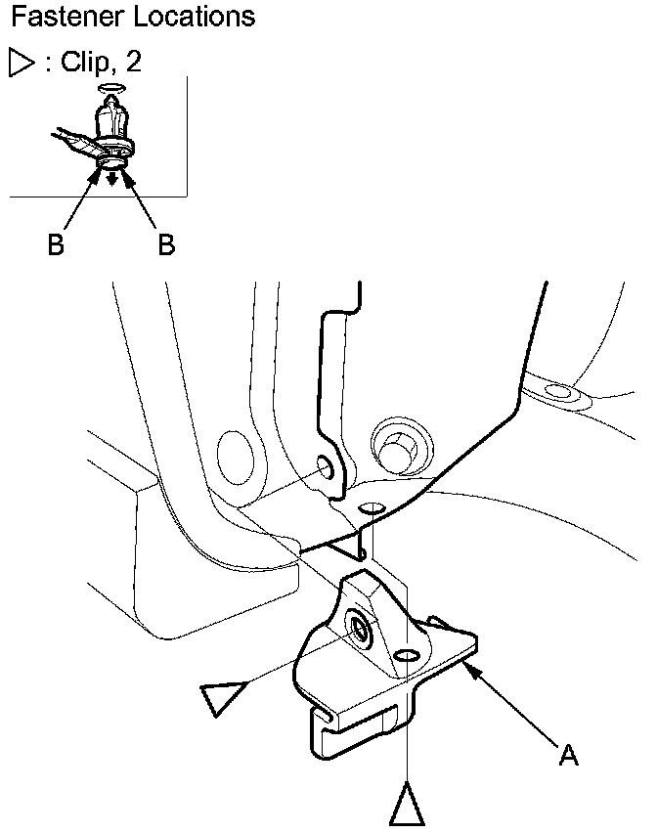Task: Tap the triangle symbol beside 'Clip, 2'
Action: [21, 64]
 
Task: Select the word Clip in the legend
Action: [84, 64]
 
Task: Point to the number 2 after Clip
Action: [133, 64]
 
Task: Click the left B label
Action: [56, 244]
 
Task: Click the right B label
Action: [166, 244]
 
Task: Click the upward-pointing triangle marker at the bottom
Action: [406, 805]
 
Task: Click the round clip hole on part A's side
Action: [360, 629]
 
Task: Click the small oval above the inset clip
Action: [112, 87]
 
